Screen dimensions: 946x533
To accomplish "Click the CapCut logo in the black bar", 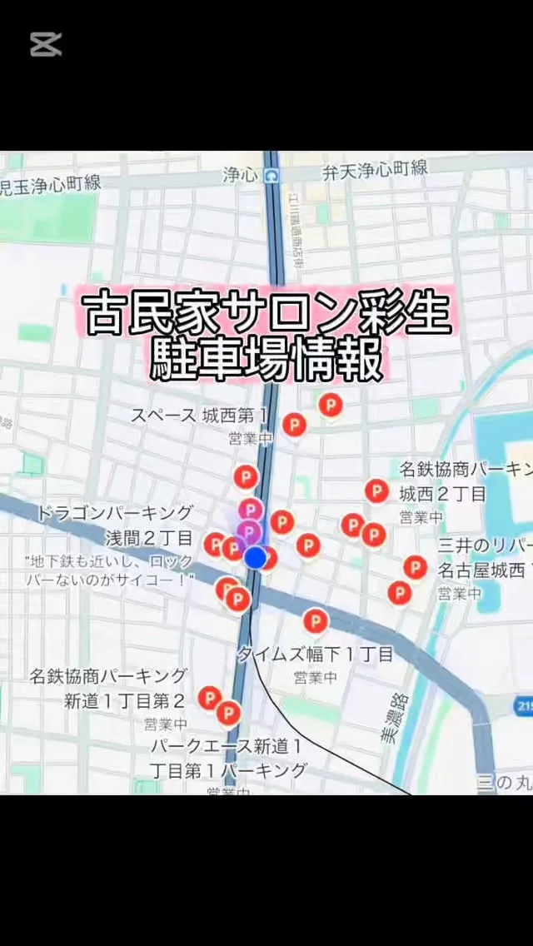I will coord(46,44).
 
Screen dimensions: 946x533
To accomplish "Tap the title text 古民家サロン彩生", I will coord(266,313).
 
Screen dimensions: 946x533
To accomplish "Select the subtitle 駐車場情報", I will coord(266,359).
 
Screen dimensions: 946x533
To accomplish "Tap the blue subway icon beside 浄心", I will coord(272,175).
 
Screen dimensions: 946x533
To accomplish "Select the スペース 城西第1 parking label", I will coord(200,415).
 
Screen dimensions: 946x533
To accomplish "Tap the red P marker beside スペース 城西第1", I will coord(294,425).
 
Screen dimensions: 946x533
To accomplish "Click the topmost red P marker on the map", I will coord(331,406).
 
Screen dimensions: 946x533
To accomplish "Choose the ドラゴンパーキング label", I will coord(114,513).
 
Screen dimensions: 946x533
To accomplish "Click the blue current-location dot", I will coord(256,557).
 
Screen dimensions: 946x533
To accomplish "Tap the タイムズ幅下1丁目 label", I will coord(315,655).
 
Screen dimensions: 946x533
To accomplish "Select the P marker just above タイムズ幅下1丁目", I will coord(315,620).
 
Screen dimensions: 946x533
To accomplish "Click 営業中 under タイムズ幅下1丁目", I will coord(315,678).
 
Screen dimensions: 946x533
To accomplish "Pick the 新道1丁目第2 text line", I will coord(125,700).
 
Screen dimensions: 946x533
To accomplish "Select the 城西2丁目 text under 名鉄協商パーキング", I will coord(442,493).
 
